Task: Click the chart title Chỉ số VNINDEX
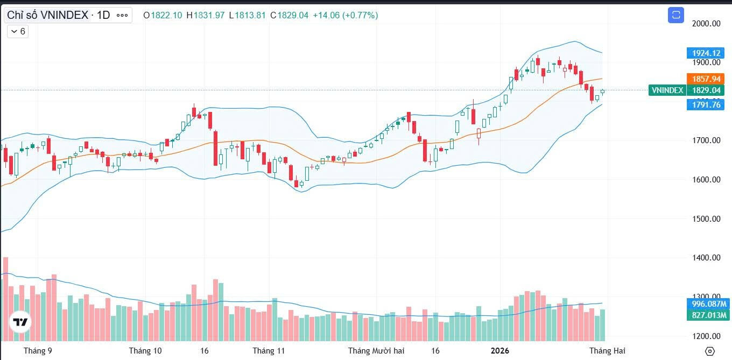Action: point(47,15)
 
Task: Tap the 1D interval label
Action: point(103,15)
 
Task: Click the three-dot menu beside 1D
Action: point(122,15)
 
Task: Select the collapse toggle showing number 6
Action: point(18,31)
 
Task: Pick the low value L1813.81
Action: point(247,15)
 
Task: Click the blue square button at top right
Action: point(675,15)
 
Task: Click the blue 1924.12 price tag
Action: point(705,53)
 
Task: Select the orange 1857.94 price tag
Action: point(705,79)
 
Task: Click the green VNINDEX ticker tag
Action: point(667,90)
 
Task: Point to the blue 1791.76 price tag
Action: point(705,105)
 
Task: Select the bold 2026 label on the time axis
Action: point(499,351)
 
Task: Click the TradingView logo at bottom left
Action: point(20,322)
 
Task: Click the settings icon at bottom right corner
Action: point(709,351)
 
